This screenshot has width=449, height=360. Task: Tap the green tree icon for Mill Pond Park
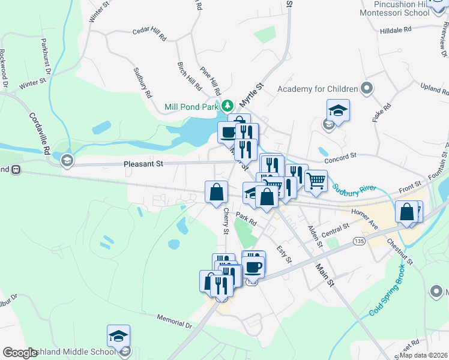point(228,106)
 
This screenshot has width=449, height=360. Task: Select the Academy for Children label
point(317,90)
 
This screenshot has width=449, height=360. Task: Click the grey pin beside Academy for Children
point(367,89)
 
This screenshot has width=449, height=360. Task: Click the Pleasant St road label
point(143,163)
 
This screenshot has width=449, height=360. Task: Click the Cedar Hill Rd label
point(149,33)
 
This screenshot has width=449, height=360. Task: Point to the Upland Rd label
point(435,90)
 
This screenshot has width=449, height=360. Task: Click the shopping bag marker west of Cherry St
point(216,192)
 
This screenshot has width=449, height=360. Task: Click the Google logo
point(20,353)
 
